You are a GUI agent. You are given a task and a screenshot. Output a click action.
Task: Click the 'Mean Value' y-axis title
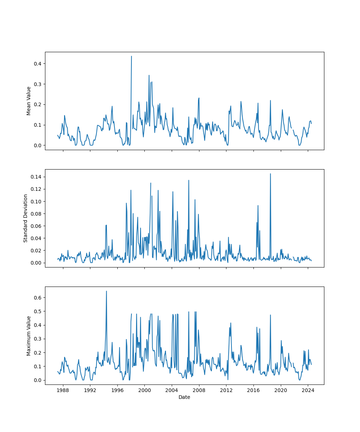click(29, 101)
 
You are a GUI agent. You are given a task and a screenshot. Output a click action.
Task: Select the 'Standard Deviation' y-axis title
click(26, 218)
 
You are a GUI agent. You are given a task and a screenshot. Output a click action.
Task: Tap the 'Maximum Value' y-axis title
click(29, 336)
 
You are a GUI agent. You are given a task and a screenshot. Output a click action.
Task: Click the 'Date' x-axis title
click(184, 397)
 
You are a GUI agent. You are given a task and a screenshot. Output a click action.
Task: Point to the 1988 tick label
click(63, 391)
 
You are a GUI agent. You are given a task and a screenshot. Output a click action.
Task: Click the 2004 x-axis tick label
click(172, 391)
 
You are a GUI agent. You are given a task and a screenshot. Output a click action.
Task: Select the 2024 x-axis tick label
click(308, 391)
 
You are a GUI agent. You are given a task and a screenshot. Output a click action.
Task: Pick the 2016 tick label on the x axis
click(253, 391)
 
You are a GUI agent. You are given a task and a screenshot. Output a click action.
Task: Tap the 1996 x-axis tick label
click(117, 391)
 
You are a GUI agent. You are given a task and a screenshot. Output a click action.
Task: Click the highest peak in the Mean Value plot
click(131, 56)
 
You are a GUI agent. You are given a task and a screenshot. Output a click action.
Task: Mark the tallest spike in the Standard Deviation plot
click(270, 174)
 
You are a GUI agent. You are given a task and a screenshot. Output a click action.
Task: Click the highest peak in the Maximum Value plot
click(107, 291)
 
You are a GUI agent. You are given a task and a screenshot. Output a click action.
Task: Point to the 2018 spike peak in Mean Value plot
click(270, 100)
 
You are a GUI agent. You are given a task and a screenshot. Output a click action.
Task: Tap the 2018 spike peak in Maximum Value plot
click(270, 315)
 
